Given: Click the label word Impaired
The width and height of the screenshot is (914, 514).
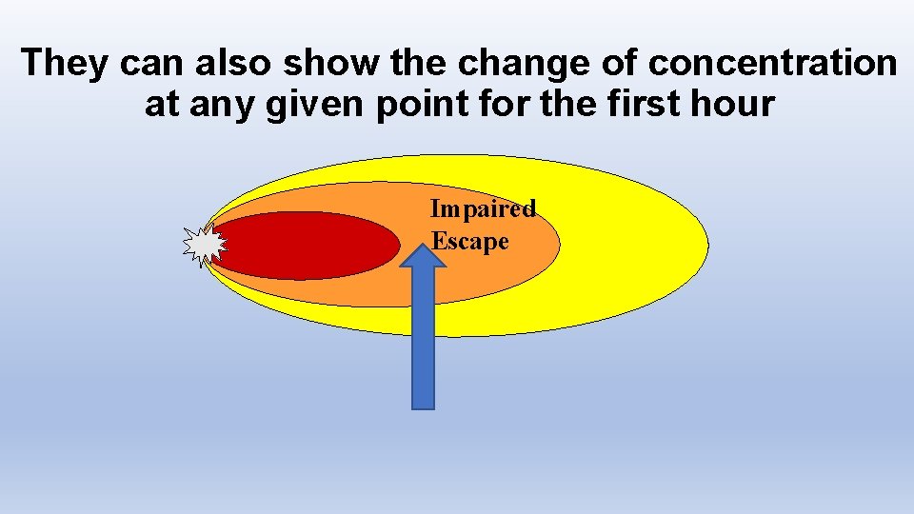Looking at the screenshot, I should [x=483, y=208].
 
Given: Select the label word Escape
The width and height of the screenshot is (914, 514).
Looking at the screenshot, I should [x=470, y=241].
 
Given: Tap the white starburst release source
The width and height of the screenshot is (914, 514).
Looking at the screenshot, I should [x=204, y=246].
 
